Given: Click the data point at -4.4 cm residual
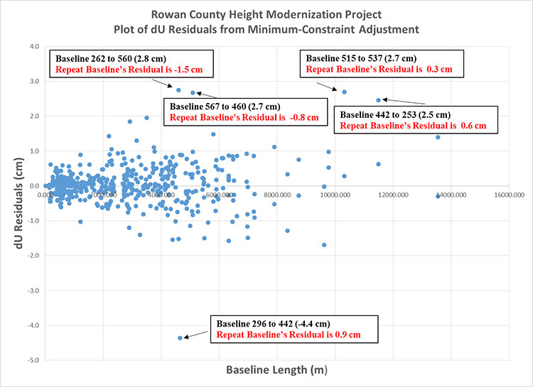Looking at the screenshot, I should tap(180, 338).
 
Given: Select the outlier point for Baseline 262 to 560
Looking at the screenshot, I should tap(178, 90).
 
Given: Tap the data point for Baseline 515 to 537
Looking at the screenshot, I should tap(345, 92).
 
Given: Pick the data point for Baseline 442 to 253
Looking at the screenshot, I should tap(378, 100).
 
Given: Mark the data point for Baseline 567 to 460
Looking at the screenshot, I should tap(193, 93).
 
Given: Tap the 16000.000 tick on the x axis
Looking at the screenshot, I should tap(508, 193).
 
